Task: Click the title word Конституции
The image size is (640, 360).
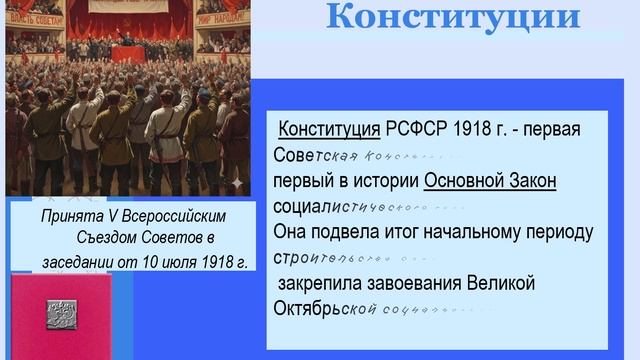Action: pyautogui.click(x=452, y=17)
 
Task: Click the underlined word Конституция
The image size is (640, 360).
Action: pyautogui.click(x=329, y=130)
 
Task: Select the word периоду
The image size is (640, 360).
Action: pyautogui.click(x=553, y=232)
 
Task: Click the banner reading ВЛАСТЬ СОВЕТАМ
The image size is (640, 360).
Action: pyautogui.click(x=33, y=12)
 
